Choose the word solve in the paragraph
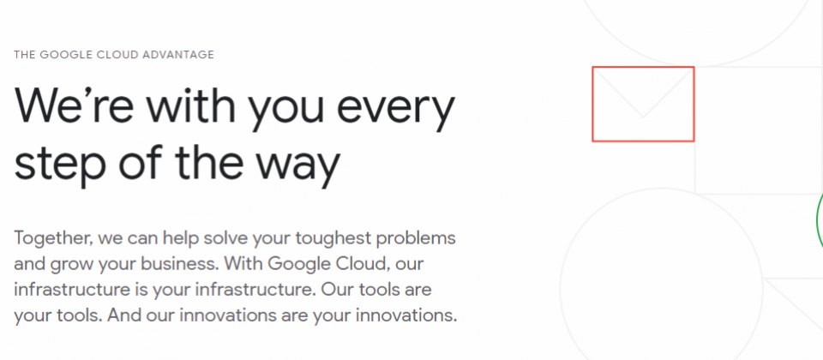pyautogui.click(x=225, y=238)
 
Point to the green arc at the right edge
pyautogui.click(x=818, y=220)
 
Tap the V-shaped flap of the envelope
pyautogui.click(x=644, y=116)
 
